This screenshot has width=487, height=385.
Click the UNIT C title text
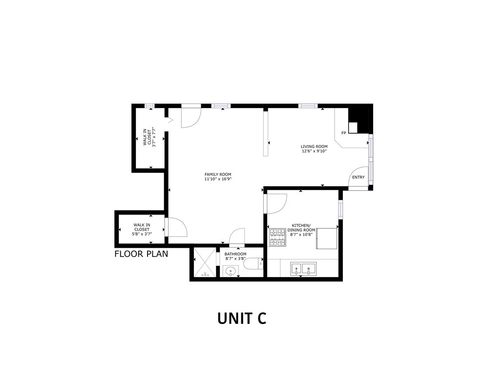pyautogui.click(x=242, y=318)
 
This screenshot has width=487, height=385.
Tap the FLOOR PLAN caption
pyautogui.click(x=141, y=254)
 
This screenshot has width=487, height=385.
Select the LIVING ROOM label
pyautogui.click(x=314, y=146)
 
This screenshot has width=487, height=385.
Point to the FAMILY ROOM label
pyautogui.click(x=218, y=174)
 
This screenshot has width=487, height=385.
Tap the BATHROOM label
pyautogui.click(x=235, y=254)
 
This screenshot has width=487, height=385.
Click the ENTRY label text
pyautogui.click(x=358, y=177)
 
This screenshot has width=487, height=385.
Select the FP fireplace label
pyautogui.click(x=343, y=133)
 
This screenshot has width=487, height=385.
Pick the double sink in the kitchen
pyautogui.click(x=303, y=268)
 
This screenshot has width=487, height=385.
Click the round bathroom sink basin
pyautogui.click(x=230, y=270)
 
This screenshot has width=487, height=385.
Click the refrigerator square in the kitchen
pyautogui.click(x=327, y=238)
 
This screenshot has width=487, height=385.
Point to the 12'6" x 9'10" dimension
pyautogui.click(x=314, y=151)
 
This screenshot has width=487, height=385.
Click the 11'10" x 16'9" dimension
pyautogui.click(x=218, y=179)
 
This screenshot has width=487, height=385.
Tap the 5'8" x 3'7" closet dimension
pyautogui.click(x=142, y=234)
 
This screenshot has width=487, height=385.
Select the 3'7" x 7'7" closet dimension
pyautogui.click(x=153, y=137)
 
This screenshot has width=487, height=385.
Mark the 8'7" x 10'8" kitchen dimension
pyautogui.click(x=301, y=235)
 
